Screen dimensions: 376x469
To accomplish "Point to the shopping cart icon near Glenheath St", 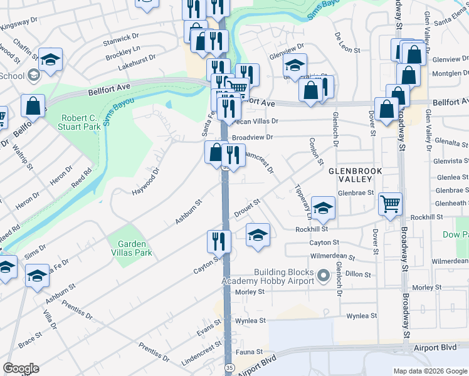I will click(390, 203).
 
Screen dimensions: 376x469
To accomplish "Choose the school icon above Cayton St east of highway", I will click(258, 235).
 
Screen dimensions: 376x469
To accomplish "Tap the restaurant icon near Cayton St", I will click(219, 241).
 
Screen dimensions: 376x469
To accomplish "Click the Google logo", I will click(21, 368).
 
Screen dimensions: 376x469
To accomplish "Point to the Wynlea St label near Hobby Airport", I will click(251, 321).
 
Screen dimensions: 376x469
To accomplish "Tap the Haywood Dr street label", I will click(146, 180).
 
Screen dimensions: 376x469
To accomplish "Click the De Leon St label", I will click(347, 42).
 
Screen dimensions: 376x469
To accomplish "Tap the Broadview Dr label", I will click(253, 137).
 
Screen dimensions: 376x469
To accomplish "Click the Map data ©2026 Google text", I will click(429, 371).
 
